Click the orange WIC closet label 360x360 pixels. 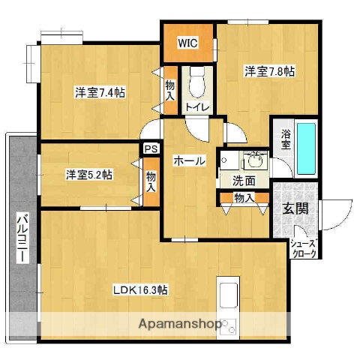187,43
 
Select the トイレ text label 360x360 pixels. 198,107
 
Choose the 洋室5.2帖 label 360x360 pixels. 88,174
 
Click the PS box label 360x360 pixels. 151,148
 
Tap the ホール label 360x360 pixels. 189,160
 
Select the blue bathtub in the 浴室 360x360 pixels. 306,146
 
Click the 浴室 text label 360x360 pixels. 286,141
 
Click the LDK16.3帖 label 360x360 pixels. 140,289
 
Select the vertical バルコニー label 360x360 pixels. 22,238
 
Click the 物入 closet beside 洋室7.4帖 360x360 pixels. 170,90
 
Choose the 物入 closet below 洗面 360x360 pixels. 244,198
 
